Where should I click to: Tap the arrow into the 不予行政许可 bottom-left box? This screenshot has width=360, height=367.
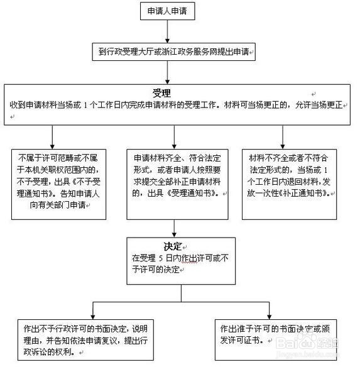94,310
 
